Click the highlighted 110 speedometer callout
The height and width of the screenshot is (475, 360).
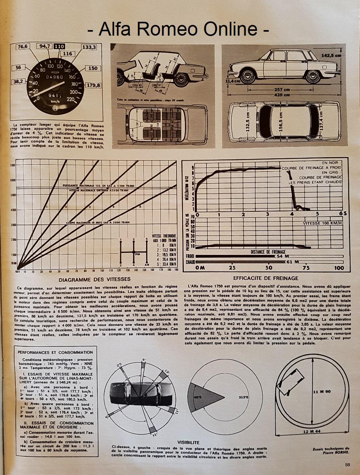59,46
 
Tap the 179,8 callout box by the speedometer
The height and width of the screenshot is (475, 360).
93,85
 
